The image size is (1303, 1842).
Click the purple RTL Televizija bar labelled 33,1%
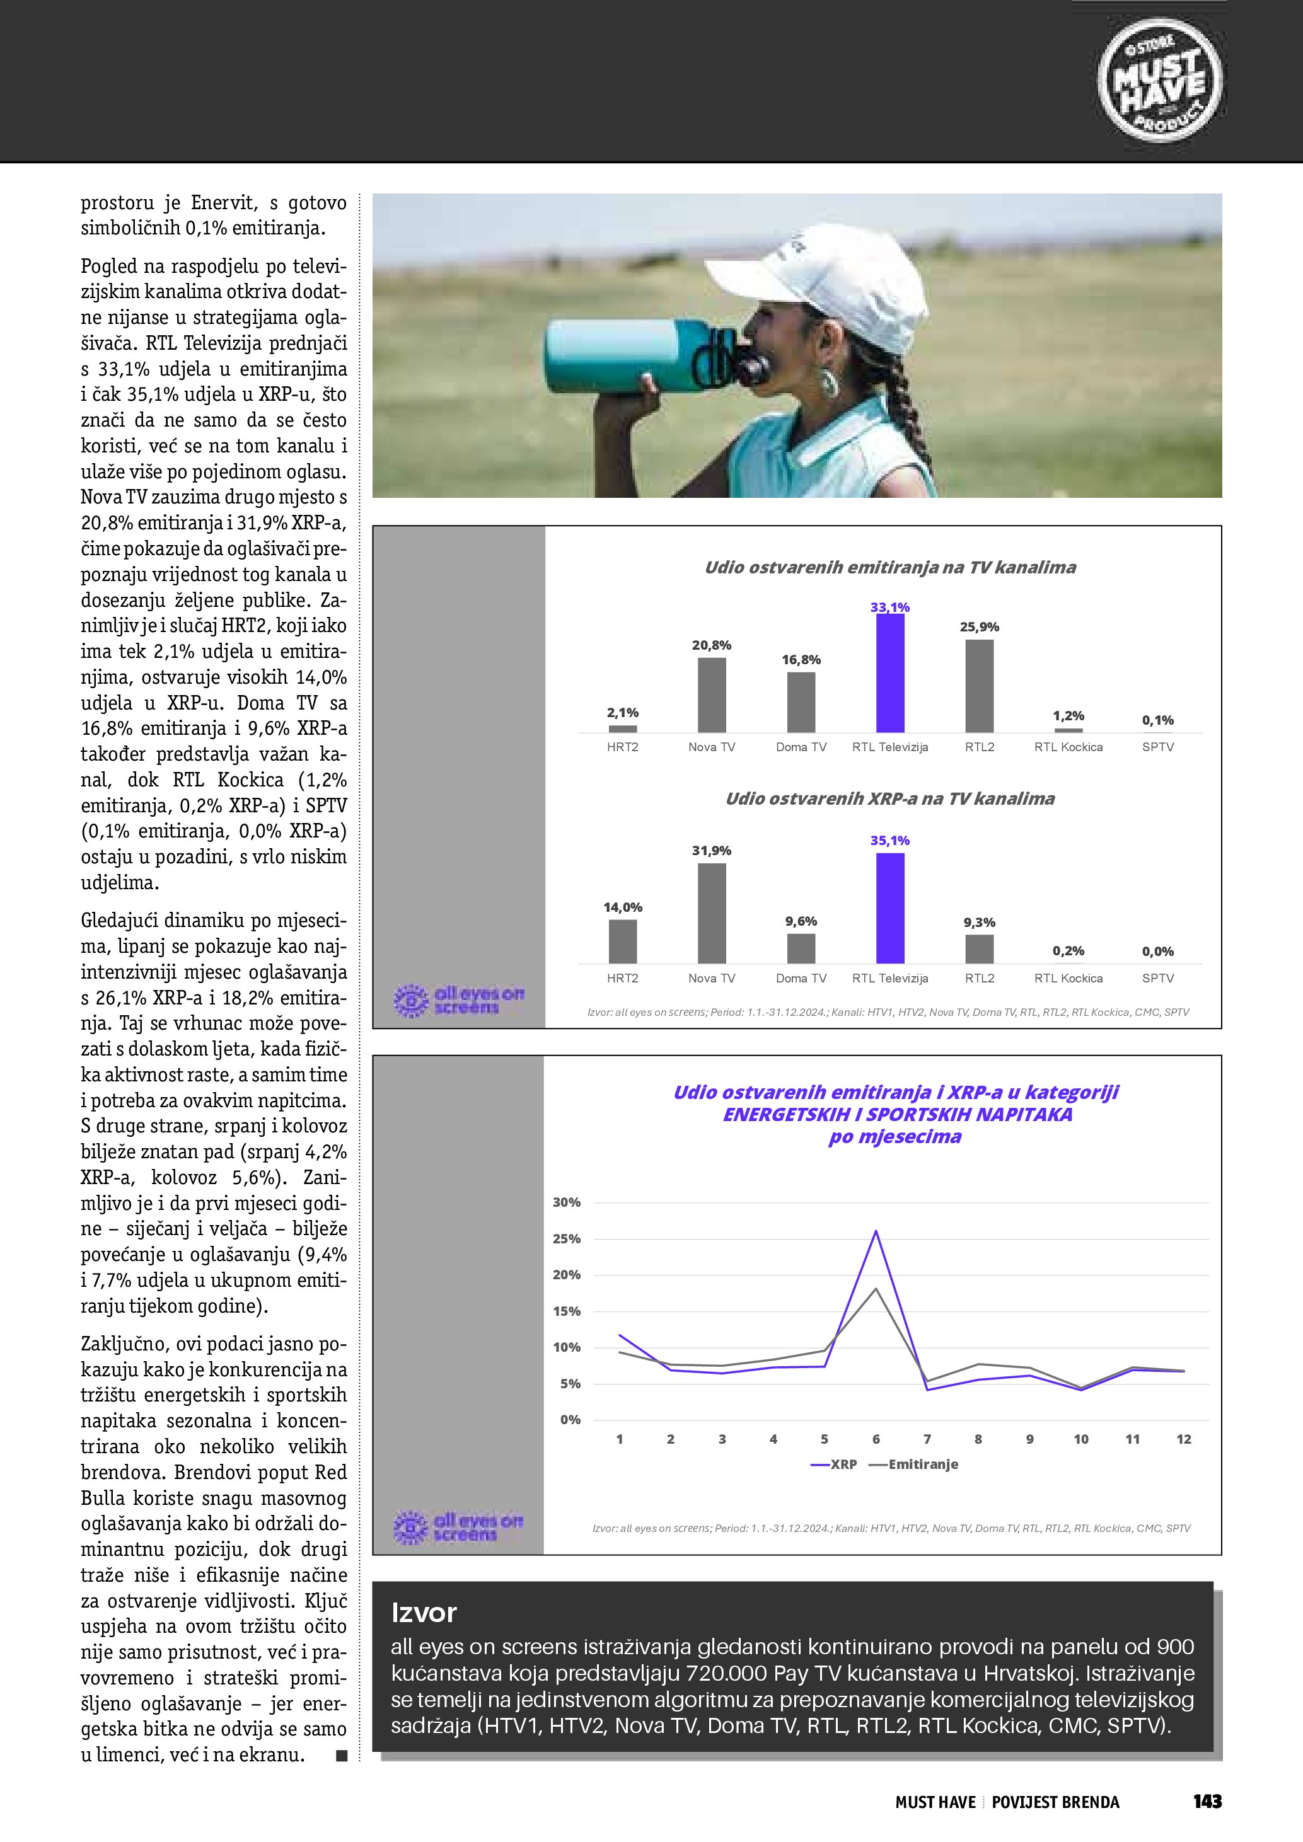[x=890, y=673]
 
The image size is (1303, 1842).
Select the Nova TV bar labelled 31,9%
[x=712, y=913]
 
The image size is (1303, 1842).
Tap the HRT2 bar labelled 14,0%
[x=623, y=941]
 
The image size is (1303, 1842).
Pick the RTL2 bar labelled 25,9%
[x=979, y=686]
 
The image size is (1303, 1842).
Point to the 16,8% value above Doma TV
[x=801, y=659]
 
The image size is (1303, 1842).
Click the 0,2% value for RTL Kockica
[x=1068, y=951]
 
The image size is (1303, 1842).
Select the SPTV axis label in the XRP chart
[x=1157, y=978]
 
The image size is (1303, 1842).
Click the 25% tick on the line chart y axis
[x=567, y=1239]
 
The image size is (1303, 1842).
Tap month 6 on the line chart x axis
[x=876, y=1439]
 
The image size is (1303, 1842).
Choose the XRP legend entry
[x=835, y=1464]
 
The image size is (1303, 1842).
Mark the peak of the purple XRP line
[x=876, y=1231]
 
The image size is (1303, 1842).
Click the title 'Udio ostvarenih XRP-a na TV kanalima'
[x=890, y=798]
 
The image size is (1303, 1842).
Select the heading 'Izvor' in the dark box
[x=424, y=1613]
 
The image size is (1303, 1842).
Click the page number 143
[x=1207, y=1802]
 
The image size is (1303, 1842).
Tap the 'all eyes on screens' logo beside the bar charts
[x=459, y=1001]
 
